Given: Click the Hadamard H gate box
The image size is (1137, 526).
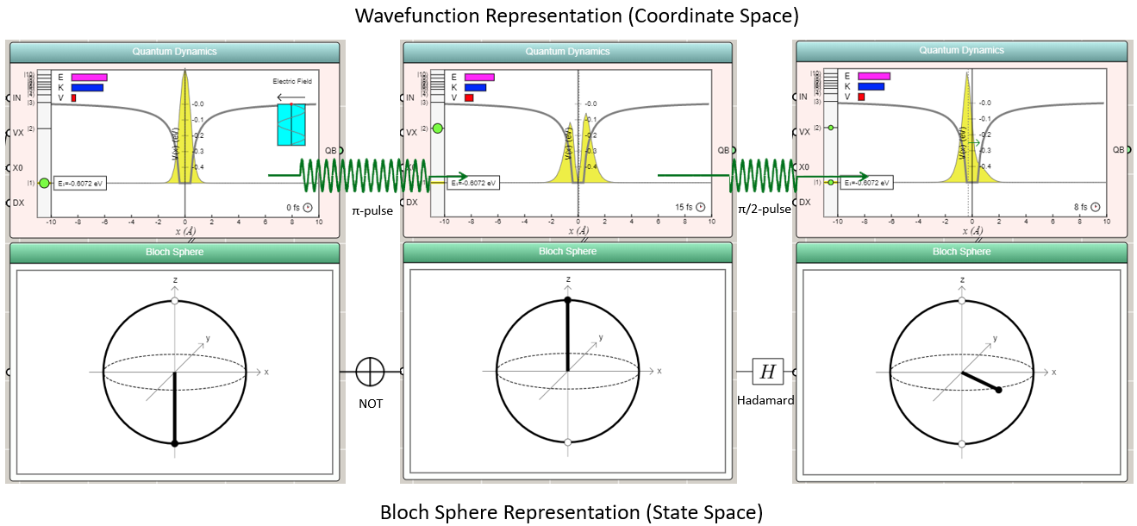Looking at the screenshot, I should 767,373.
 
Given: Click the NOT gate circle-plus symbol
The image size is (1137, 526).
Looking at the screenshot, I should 370,373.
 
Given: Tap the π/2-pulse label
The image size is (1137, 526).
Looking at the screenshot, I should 765,210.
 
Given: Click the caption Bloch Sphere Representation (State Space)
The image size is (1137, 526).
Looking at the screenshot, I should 572,512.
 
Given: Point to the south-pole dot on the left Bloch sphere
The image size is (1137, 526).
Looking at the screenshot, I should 175,443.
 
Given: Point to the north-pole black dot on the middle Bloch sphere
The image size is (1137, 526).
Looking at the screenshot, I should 567,300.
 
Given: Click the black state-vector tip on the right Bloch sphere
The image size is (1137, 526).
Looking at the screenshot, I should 998,391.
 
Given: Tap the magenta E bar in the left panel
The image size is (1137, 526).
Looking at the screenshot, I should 89,77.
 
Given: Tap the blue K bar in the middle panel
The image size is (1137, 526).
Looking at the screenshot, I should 475,87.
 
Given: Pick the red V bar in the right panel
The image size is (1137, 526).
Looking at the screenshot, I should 859,97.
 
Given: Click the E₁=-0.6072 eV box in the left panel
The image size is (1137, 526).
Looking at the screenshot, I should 79,183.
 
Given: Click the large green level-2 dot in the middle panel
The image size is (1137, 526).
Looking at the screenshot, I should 438,128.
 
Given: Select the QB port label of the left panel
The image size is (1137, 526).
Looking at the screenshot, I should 330,150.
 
